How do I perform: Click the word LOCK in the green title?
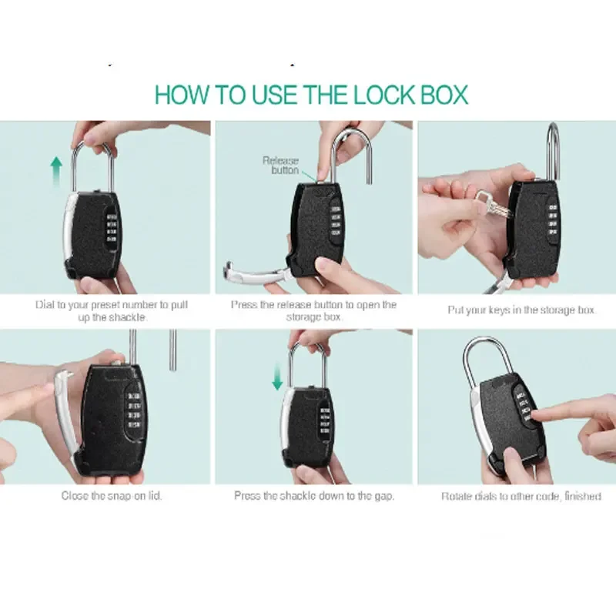click(x=383, y=95)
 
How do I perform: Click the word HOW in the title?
click(x=182, y=95)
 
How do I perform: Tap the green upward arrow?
click(x=56, y=172)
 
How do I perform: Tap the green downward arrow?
click(x=277, y=377)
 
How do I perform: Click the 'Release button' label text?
click(x=280, y=166)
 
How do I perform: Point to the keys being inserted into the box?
click(x=493, y=206)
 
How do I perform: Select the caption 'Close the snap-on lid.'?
click(x=112, y=496)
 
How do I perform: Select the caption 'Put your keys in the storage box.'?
click(x=521, y=310)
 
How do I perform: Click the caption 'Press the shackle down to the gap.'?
click(x=314, y=496)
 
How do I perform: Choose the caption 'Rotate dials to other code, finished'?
click(x=521, y=496)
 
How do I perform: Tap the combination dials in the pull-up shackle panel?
click(x=112, y=227)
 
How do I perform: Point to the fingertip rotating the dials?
click(x=535, y=414)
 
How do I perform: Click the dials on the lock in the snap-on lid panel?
click(x=134, y=410)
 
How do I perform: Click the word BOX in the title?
click(x=444, y=95)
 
